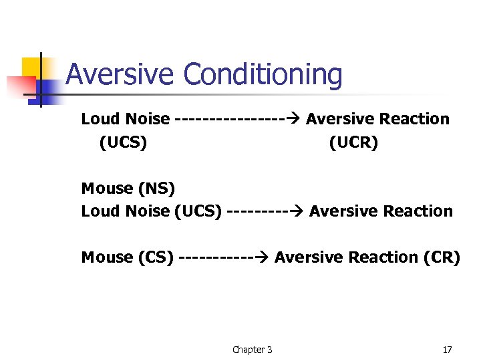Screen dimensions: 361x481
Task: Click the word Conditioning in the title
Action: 263,76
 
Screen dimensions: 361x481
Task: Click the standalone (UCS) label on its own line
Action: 123,142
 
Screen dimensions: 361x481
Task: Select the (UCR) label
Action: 353,142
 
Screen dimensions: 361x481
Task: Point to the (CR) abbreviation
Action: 442,257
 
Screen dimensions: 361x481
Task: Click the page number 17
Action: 448,350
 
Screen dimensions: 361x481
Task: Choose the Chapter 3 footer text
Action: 252,350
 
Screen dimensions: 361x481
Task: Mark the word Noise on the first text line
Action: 148,119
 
